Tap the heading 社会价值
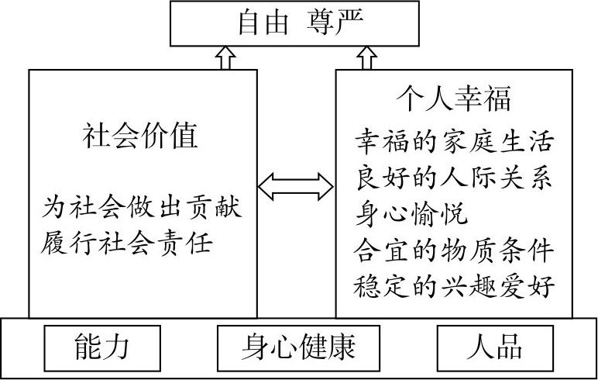click(141, 136)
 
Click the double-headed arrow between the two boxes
click(296, 185)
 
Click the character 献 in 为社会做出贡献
click(229, 208)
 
